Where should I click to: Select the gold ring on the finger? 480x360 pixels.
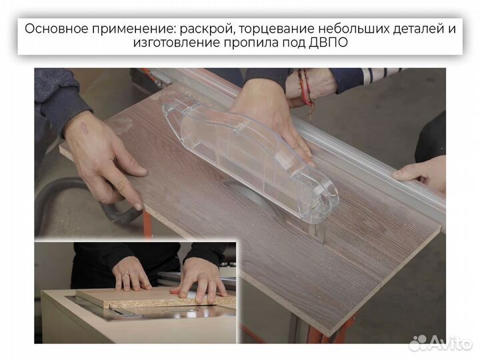point(123,275)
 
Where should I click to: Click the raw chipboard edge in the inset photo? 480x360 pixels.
point(153,303)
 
